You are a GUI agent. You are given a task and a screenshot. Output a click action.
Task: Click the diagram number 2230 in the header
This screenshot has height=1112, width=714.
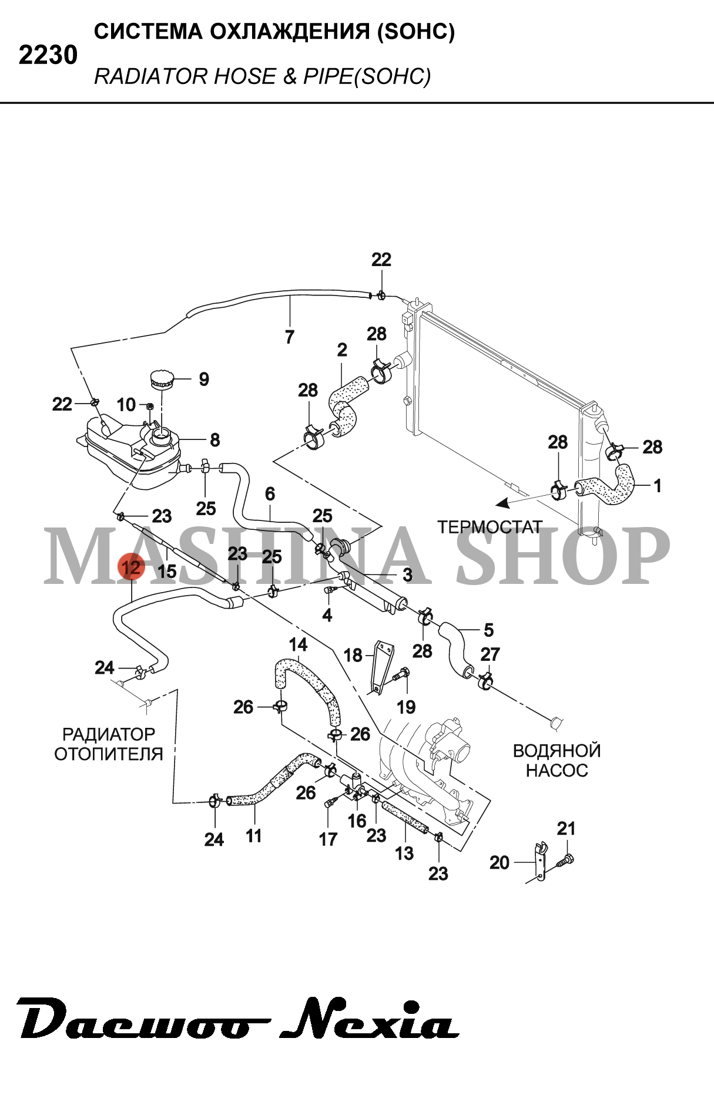[48, 55]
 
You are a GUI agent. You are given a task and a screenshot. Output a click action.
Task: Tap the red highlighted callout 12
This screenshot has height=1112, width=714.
[131, 567]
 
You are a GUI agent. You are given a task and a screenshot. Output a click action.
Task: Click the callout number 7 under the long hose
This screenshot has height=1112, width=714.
[289, 337]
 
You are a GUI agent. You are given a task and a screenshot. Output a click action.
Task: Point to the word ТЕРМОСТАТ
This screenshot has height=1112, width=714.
[490, 527]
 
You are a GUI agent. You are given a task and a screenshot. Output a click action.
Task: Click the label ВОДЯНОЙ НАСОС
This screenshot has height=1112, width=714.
[557, 760]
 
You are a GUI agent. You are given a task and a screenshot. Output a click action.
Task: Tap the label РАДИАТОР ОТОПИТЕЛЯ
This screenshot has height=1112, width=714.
[109, 744]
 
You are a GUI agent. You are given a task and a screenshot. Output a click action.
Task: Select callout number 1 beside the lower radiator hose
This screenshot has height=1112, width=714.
[658, 486]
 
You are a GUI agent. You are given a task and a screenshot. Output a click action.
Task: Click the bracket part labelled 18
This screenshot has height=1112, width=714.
[383, 667]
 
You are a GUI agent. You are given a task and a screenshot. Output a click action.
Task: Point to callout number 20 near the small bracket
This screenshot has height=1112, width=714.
[500, 862]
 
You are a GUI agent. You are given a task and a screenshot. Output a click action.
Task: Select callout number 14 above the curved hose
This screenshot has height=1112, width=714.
[298, 644]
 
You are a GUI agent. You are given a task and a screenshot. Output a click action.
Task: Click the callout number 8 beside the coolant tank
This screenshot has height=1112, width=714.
[214, 439]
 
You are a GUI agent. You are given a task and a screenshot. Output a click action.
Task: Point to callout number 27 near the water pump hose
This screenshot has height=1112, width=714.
[490, 654]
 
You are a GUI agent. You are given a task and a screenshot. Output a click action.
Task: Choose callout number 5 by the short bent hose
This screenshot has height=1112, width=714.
[488, 630]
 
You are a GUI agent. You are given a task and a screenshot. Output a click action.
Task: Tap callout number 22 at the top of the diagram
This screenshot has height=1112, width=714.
[381, 259]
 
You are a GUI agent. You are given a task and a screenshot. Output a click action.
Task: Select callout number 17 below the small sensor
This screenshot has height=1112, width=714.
[328, 839]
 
